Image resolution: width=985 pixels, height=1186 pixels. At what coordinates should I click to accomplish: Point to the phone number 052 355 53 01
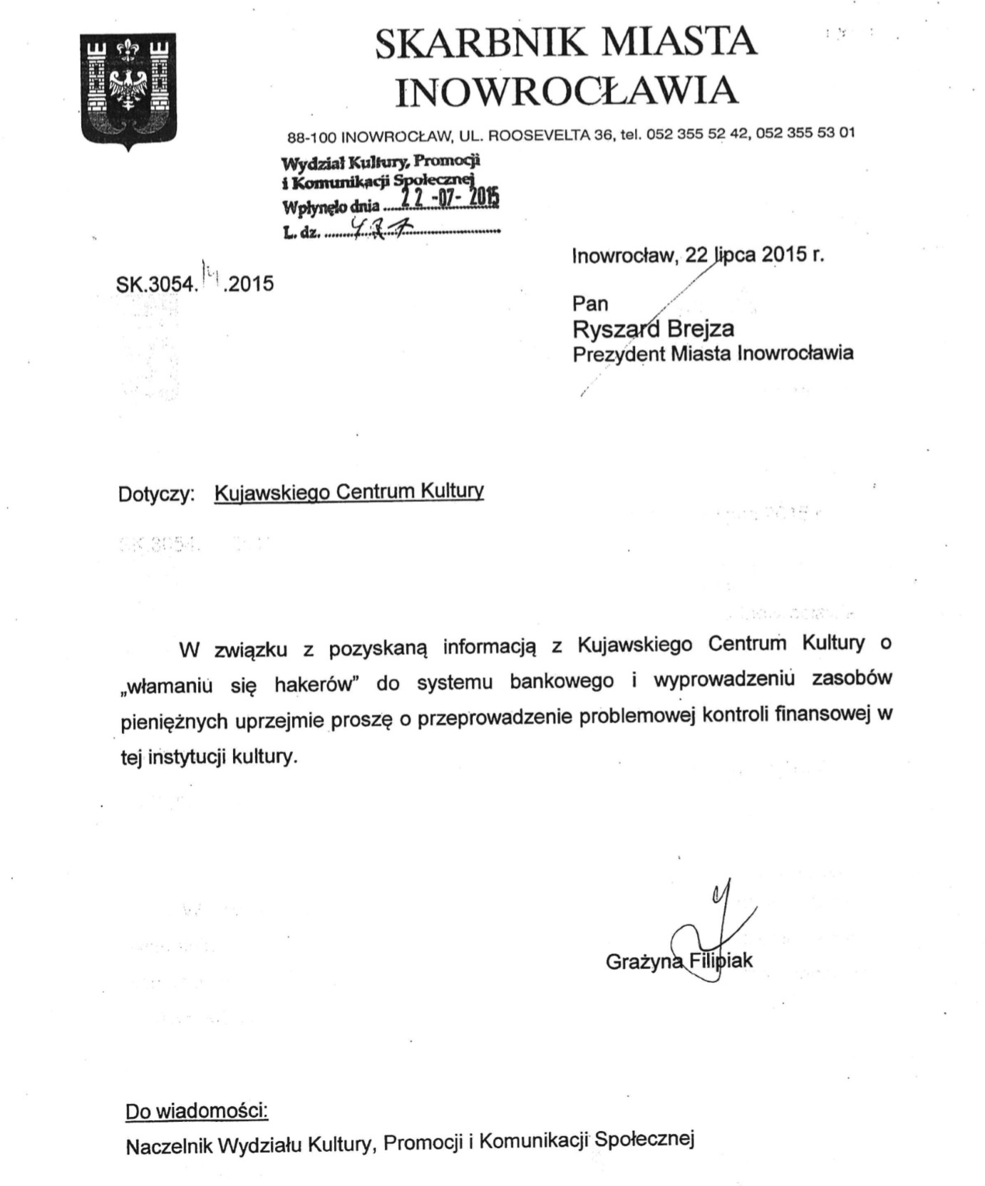coord(805,133)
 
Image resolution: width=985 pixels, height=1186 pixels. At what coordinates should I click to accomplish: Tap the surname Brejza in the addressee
coord(701,328)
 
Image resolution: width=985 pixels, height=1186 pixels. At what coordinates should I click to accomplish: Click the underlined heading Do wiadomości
coord(197,1110)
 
